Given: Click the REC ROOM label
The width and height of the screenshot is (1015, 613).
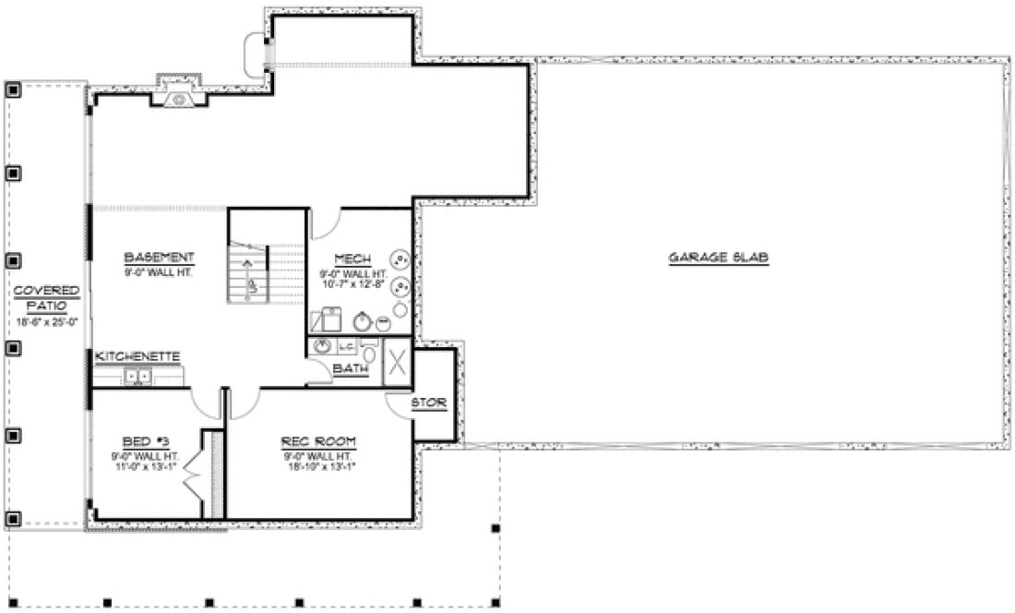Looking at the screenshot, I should (318, 441).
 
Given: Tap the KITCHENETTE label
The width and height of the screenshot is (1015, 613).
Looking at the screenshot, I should (137, 355).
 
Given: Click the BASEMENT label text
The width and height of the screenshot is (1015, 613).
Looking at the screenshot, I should (159, 257).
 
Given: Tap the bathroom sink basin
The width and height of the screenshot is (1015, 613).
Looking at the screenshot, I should (322, 347).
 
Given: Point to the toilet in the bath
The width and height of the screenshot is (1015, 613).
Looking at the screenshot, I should (369, 350).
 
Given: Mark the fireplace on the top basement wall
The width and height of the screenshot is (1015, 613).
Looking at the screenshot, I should (176, 92).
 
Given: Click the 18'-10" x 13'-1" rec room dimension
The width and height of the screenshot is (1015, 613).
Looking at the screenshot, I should (318, 465).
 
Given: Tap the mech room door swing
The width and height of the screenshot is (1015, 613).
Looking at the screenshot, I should (326, 224).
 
